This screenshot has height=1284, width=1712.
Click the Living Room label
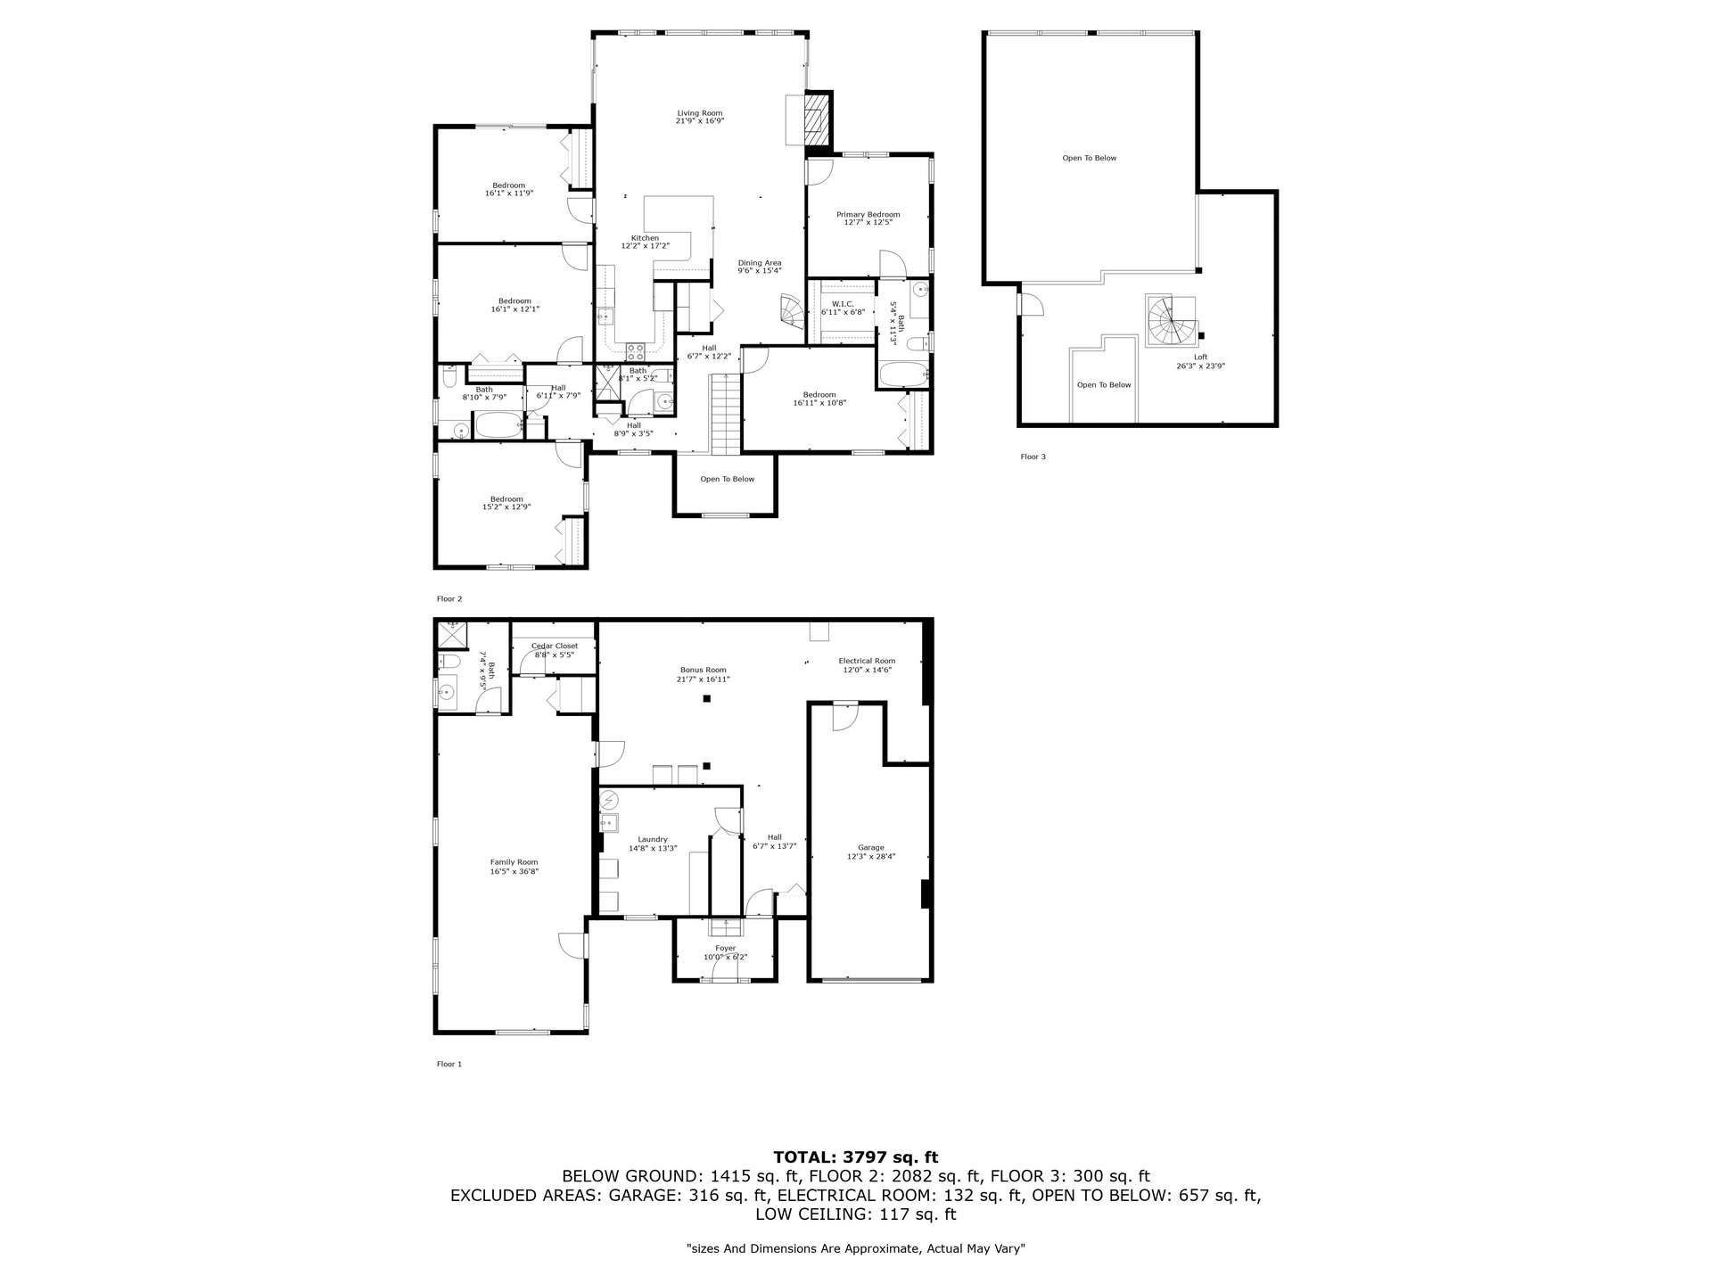pyautogui.click(x=700, y=113)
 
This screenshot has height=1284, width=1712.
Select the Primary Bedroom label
pyautogui.click(x=868, y=214)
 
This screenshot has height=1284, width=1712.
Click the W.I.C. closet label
pyautogui.click(x=843, y=304)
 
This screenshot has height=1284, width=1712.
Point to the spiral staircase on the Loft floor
pyautogui.click(x=1172, y=322)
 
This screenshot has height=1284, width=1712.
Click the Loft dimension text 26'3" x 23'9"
pyautogui.click(x=1201, y=366)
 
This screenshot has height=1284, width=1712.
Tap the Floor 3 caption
pyautogui.click(x=1033, y=457)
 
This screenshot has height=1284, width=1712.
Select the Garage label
pyautogui.click(x=871, y=847)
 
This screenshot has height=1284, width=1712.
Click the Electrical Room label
pyautogui.click(x=867, y=661)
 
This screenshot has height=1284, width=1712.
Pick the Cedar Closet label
pyautogui.click(x=555, y=646)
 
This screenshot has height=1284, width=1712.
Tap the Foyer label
pyautogui.click(x=726, y=948)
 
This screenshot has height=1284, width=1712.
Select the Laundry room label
pyautogui.click(x=653, y=839)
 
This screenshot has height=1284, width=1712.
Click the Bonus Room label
pyautogui.click(x=704, y=670)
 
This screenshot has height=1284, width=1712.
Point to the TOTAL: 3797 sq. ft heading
pyautogui.click(x=856, y=1157)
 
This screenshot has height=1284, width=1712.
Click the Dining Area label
pyautogui.click(x=760, y=262)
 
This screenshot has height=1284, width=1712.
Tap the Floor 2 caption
pyautogui.click(x=449, y=599)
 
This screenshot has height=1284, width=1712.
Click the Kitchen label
pyautogui.click(x=645, y=238)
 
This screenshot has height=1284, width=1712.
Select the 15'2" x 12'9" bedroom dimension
pyautogui.click(x=506, y=507)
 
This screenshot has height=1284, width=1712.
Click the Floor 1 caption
pyautogui.click(x=449, y=1064)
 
